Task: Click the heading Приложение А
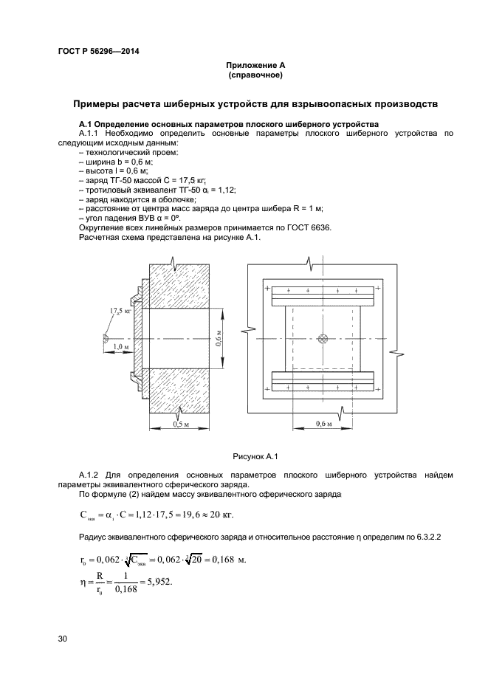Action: click(x=256, y=66)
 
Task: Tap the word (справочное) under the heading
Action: click(x=256, y=75)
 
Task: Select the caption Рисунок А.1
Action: click(x=256, y=456)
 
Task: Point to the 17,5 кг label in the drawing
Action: click(x=120, y=313)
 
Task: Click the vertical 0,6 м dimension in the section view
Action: click(x=218, y=339)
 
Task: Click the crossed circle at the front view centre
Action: click(x=322, y=339)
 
